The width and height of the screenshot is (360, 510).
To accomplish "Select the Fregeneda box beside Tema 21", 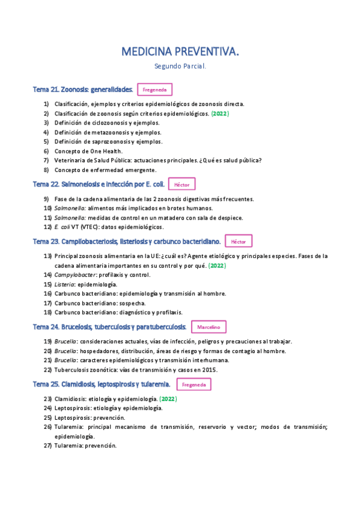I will point(155,90).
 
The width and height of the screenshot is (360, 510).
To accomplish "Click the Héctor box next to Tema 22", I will point(182,185).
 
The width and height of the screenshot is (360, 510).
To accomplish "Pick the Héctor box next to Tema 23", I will point(239,241).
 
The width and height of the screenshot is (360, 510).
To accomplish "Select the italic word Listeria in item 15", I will point(64,284).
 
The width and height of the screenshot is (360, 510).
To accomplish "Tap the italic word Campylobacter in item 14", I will point(75,275).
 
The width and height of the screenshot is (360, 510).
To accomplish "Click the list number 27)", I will point(47,446).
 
